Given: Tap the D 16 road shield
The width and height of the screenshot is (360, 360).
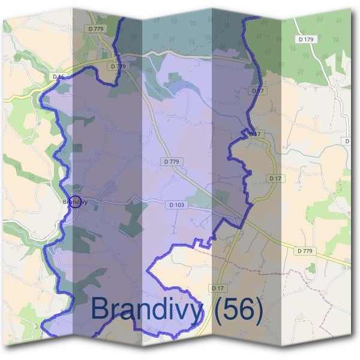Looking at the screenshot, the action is (x=58, y=77).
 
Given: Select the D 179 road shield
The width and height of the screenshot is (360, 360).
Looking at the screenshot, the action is (x=305, y=40).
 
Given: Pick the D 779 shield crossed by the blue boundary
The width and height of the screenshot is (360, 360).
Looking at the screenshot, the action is (x=118, y=66).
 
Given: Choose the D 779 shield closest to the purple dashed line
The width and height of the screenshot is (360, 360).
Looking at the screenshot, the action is (x=305, y=250).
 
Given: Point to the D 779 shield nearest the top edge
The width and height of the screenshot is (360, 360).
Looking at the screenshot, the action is (x=95, y=28).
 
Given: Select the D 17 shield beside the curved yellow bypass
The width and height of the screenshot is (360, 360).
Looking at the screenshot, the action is (x=275, y=178).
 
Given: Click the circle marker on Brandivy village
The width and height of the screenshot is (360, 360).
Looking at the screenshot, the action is (x=76, y=201).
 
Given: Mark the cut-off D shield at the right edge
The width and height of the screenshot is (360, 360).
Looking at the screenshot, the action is (x=348, y=140).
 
